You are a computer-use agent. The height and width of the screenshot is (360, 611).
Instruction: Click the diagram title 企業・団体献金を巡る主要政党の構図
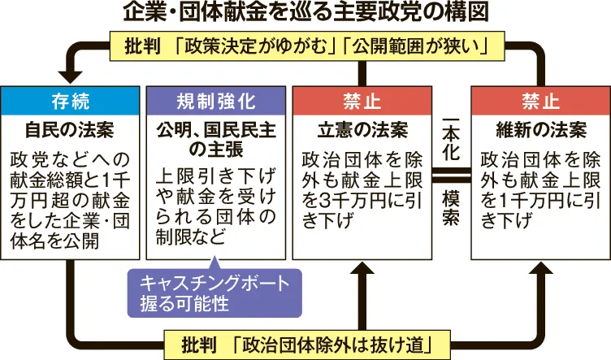point(305,13)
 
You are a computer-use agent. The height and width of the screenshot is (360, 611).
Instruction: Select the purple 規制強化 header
point(215,101)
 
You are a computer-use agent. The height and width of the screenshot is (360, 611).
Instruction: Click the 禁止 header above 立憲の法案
point(361,101)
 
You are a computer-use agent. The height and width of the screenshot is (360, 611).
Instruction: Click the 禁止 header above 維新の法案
point(540,101)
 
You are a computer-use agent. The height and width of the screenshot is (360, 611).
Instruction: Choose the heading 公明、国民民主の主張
point(215,139)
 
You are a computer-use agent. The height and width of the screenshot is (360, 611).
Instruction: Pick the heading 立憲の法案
point(361,130)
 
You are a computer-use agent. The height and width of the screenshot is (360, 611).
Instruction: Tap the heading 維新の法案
point(540,130)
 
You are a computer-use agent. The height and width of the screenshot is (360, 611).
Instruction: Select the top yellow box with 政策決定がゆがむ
point(305,46)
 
